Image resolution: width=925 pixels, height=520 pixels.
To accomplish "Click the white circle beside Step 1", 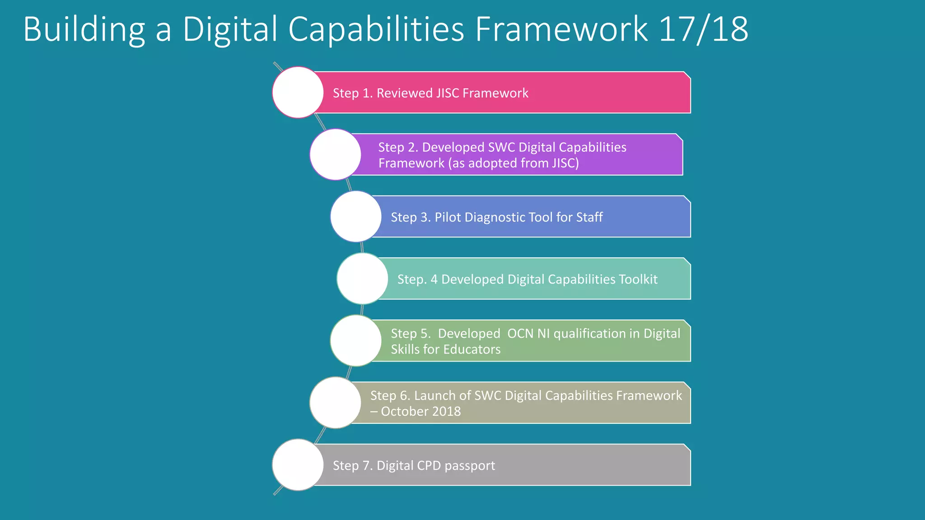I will [x=298, y=93].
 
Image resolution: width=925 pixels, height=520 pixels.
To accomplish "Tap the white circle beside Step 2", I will [x=335, y=154].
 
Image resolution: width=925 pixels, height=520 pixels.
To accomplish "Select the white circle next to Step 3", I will [x=356, y=217].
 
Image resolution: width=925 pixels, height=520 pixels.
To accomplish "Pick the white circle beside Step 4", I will [x=362, y=279].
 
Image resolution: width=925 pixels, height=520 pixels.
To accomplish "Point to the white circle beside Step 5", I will [x=356, y=341].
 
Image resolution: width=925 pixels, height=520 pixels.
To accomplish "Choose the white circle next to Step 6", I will [x=335, y=403].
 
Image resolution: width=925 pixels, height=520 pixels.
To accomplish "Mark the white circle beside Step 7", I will [x=298, y=465].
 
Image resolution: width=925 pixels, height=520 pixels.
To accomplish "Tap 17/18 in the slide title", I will [x=703, y=30].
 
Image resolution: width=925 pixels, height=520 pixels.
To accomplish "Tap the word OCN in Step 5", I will [x=520, y=334].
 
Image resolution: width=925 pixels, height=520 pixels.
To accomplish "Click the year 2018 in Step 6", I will [x=446, y=412].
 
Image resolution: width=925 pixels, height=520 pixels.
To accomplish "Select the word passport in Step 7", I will [x=470, y=466].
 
